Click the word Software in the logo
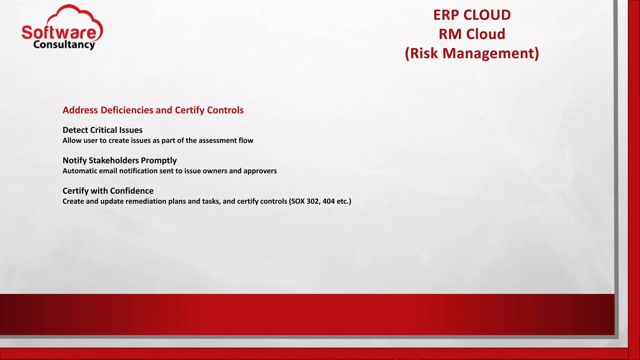coord(59,32)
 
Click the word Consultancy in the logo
coord(64,45)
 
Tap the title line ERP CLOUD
coord(472,15)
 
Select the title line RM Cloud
coord(472,34)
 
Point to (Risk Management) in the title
coord(472,53)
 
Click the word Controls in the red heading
coord(225,110)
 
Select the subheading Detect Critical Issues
coord(102,130)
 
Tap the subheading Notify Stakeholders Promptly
coord(119,160)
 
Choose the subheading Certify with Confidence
coord(108,191)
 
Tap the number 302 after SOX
coord(313,201)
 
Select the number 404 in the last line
coord(328,201)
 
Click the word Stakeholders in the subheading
coord(114,160)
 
